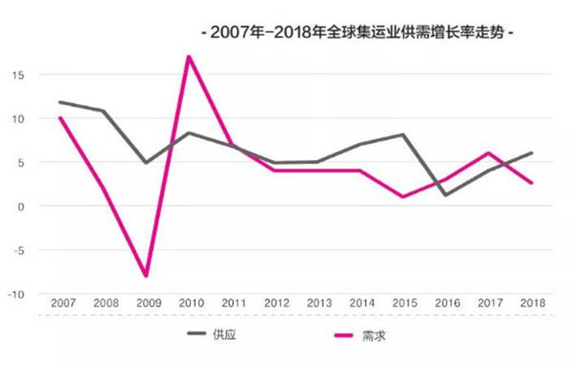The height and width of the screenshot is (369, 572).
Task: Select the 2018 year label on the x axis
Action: pos(531,302)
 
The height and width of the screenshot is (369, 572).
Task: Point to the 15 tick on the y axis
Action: pos(18,75)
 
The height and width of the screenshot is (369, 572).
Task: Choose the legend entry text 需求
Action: pos(374,334)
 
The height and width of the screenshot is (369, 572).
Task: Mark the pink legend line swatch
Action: pos(345,334)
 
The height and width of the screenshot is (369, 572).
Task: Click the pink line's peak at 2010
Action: pos(188,57)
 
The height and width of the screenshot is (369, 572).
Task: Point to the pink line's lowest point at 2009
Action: pos(146,276)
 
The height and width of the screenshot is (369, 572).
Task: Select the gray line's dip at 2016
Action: pos(446,195)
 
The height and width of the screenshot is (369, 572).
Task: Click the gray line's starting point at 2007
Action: pos(61,102)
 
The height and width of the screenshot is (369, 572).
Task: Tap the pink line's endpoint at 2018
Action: pos(531,183)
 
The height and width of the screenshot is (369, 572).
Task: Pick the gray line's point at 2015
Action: pos(403,135)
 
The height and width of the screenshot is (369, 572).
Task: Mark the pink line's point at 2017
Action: pos(488,153)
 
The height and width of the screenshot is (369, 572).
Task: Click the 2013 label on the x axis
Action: pos(318,302)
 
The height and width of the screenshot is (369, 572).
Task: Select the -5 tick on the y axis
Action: pos(18,250)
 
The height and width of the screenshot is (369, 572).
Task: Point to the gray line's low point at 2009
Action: pos(146,163)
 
